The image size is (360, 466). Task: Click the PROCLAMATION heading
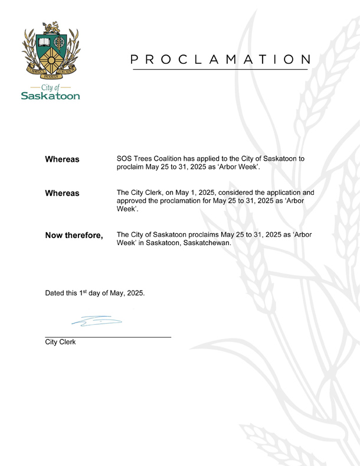click(x=220, y=59)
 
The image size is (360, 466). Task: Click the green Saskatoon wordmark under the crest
click(x=50, y=96)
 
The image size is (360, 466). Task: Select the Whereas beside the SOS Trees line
click(x=63, y=160)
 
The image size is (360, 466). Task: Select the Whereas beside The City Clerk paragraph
click(x=63, y=193)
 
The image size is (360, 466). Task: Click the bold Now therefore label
click(x=74, y=236)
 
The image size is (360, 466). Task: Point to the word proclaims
click(x=202, y=235)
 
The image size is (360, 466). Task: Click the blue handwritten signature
click(x=96, y=321)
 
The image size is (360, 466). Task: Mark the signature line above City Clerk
click(x=108, y=337)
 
